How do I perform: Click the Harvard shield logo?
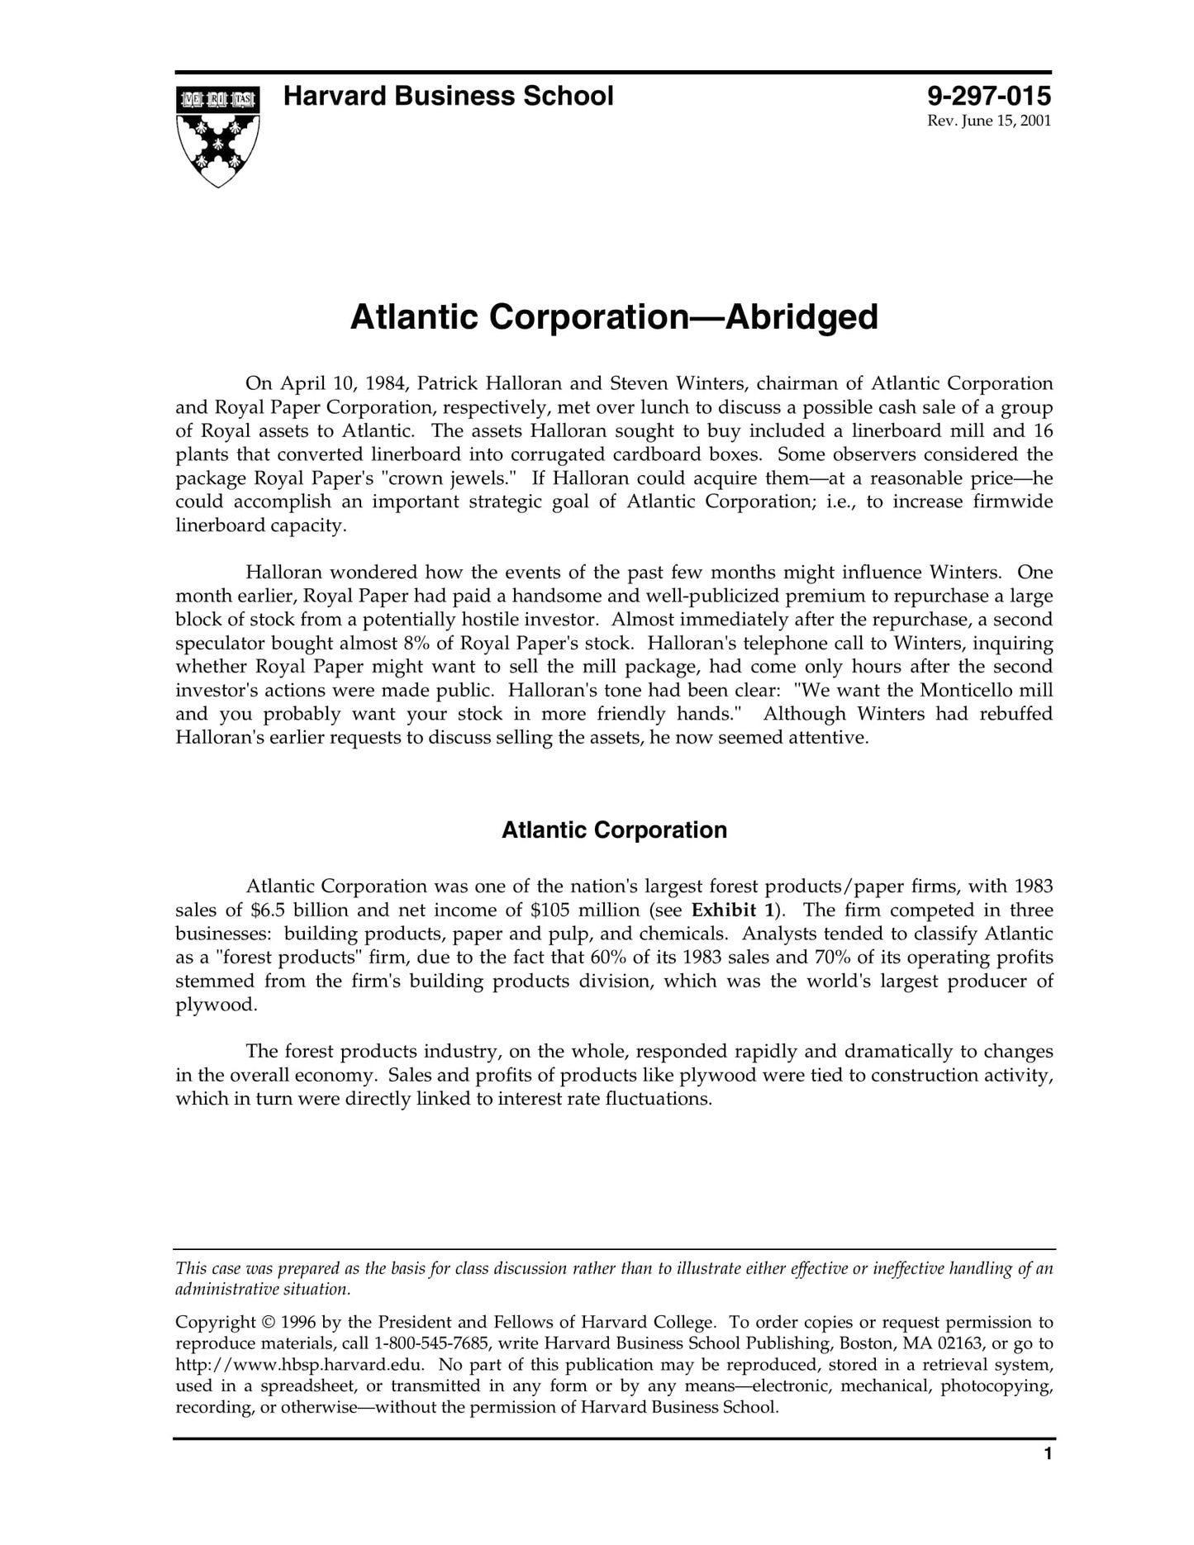pyautogui.click(x=218, y=135)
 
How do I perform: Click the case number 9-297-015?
pyautogui.click(x=988, y=97)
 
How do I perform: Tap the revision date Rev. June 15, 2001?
pyautogui.click(x=989, y=121)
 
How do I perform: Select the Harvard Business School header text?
pyautogui.click(x=448, y=97)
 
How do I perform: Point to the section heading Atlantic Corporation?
pyautogui.click(x=614, y=830)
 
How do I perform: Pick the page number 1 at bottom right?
pyautogui.click(x=1048, y=1477)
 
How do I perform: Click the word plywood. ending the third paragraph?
pyautogui.click(x=216, y=1005)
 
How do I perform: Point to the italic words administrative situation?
pyautogui.click(x=263, y=1290)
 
